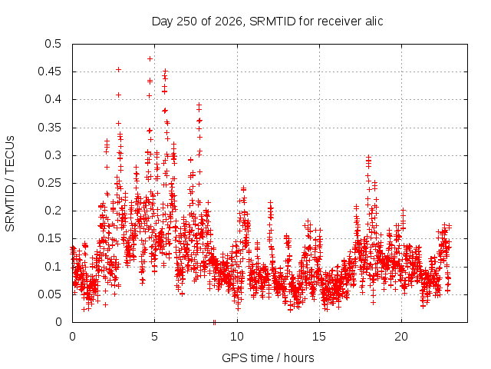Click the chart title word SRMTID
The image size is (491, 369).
coord(272,22)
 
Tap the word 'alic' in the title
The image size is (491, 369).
coord(374,22)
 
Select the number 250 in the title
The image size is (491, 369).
coord(186,22)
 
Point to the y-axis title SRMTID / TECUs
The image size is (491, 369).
coord(10,184)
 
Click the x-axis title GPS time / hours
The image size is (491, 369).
coord(268,357)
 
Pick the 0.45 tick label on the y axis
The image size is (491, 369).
coord(49,71)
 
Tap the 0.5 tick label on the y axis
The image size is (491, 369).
coord(53,44)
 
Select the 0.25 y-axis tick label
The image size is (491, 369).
coord(49,183)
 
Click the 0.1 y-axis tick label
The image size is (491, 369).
coord(53,267)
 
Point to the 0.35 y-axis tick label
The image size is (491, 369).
coord(49,128)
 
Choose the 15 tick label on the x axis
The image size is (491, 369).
coord(319,337)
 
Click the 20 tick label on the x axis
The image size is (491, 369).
coord(401,337)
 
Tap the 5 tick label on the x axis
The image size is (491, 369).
coord(154,337)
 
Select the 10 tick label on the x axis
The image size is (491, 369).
coord(237,337)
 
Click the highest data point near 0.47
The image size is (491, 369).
coord(150,58)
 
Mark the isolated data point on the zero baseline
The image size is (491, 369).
coord(214,322)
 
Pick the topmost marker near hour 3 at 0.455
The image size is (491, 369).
coord(118,69)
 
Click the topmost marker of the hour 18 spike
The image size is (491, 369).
coord(369,157)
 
